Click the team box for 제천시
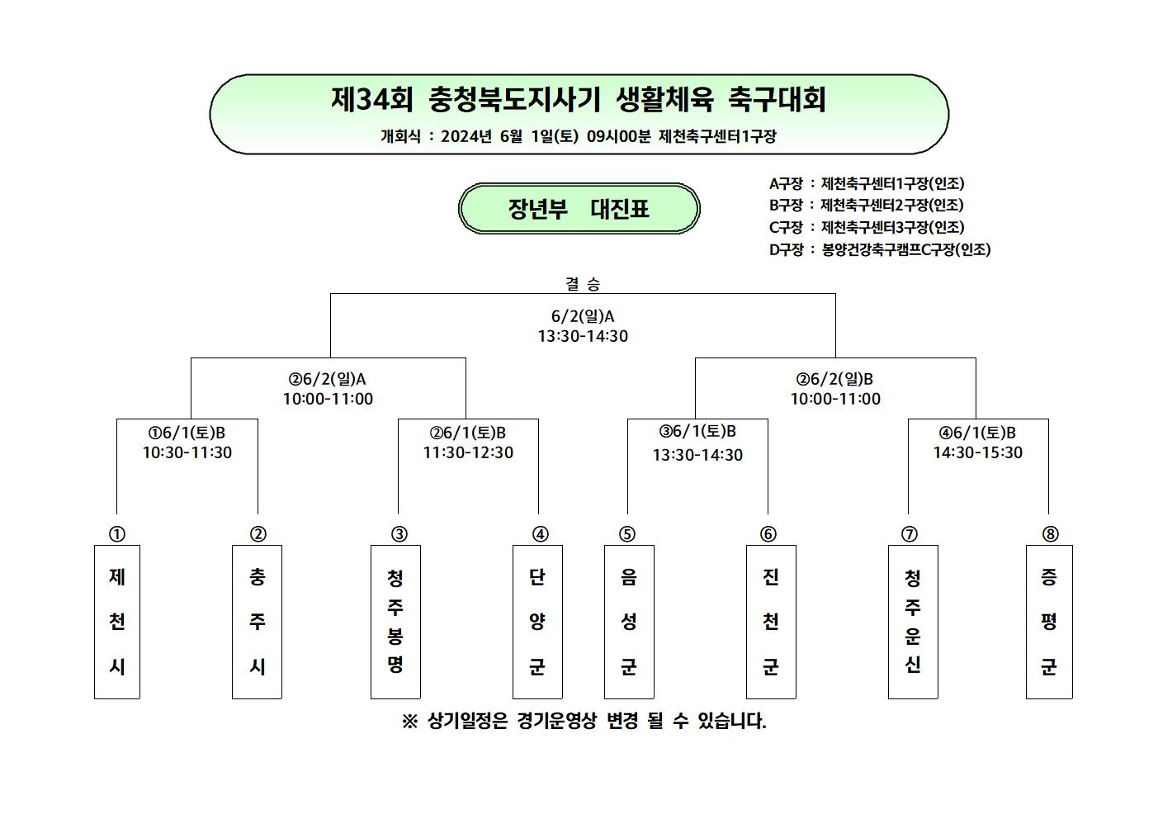coord(117,622)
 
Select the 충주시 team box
coord(257,622)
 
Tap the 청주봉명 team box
coord(395,622)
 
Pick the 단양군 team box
coord(537,622)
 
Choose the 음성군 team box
coord(629,622)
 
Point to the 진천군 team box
coord(771,622)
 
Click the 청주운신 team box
coord(913,622)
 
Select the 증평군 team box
coord(1049,622)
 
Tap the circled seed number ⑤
coord(627,533)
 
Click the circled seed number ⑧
coord(1050,533)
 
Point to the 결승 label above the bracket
coord(583,283)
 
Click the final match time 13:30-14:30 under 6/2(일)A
coord(584,336)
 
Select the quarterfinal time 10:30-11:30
coord(187,452)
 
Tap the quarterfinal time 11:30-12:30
coord(468,452)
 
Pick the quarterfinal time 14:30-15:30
coord(977,452)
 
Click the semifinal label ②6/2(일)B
coord(834,380)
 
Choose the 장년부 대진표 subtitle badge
coord(579,208)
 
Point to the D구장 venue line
coord(880,249)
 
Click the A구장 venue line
coord(867,183)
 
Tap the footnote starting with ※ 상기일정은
coord(584,721)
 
